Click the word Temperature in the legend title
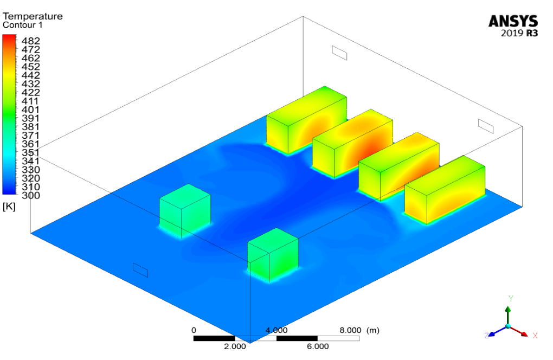(x=33, y=16)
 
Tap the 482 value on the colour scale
(x=31, y=41)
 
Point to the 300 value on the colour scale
(x=31, y=195)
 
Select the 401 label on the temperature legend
(x=31, y=110)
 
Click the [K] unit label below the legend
(x=9, y=207)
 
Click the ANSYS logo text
(x=513, y=21)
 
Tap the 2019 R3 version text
(x=519, y=33)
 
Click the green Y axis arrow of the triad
(x=508, y=315)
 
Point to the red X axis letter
(x=535, y=336)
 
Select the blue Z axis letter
(x=487, y=336)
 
